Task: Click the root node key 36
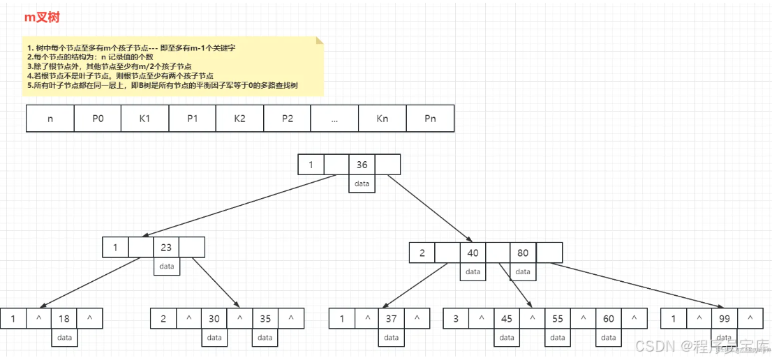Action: click(x=362, y=165)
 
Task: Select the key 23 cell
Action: click(x=166, y=248)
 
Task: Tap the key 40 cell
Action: click(x=473, y=253)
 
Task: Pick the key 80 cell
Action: click(x=524, y=253)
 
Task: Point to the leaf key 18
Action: click(x=64, y=319)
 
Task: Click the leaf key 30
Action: click(x=214, y=319)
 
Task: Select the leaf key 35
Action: click(x=265, y=319)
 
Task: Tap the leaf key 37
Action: click(x=391, y=319)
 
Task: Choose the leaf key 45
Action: click(x=507, y=319)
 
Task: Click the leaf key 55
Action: click(x=558, y=319)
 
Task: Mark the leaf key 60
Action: click(x=609, y=319)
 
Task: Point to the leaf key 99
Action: click(x=724, y=319)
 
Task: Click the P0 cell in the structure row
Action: click(x=98, y=119)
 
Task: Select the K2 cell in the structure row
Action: click(x=239, y=119)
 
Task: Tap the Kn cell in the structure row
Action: click(x=382, y=119)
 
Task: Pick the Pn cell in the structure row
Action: click(x=430, y=119)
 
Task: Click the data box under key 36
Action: click(x=362, y=183)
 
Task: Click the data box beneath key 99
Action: click(x=724, y=338)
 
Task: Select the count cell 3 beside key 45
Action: click(x=456, y=319)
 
